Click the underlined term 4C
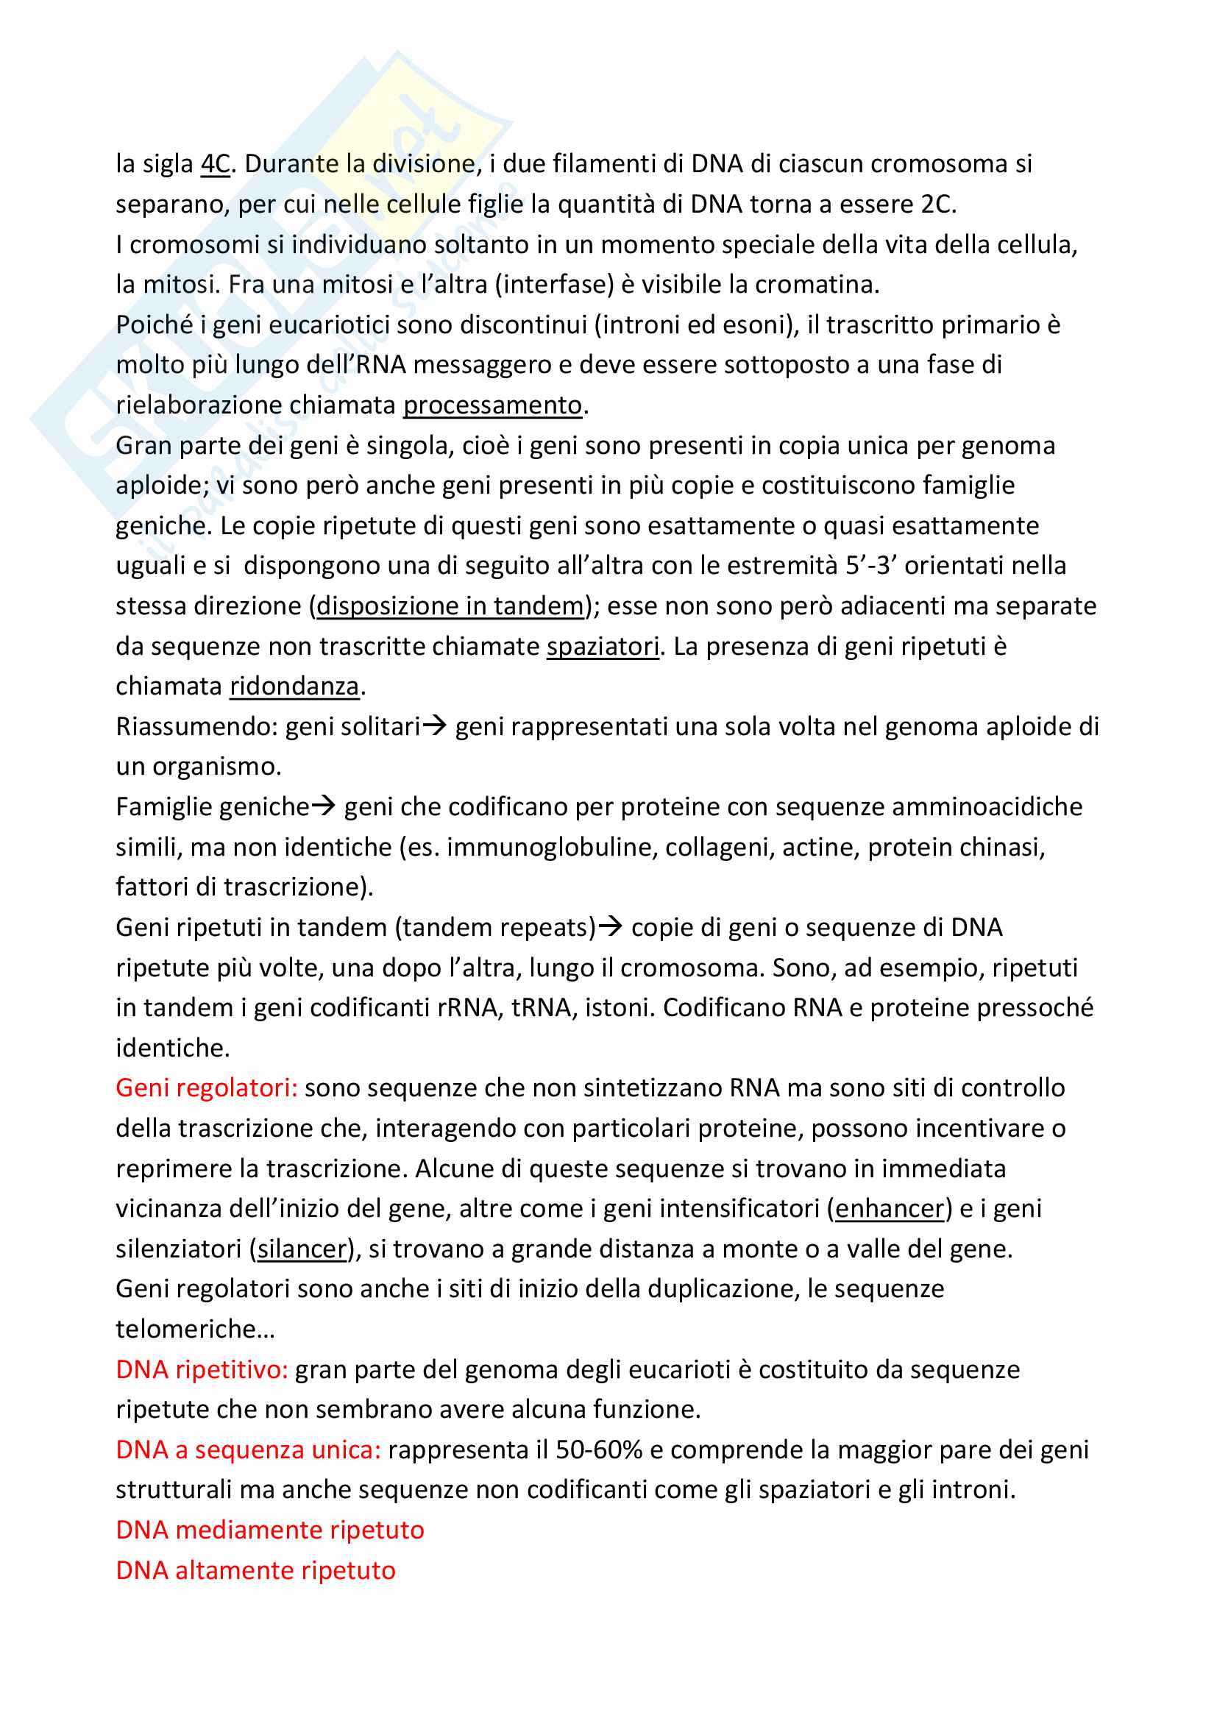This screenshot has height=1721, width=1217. pyautogui.click(x=215, y=164)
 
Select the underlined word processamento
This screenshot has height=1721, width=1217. pyautogui.click(x=492, y=405)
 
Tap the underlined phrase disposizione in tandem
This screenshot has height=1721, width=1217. pyautogui.click(x=450, y=606)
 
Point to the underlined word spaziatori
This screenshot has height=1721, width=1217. pyautogui.click(x=603, y=646)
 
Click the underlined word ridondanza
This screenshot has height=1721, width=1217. pyautogui.click(x=294, y=686)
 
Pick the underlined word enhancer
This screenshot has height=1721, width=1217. pyautogui.click(x=890, y=1208)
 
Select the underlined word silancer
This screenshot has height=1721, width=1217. pyautogui.click(x=302, y=1249)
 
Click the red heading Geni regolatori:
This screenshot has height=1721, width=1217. pyautogui.click(x=207, y=1087)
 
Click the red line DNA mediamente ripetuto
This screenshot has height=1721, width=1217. pyautogui.click(x=270, y=1530)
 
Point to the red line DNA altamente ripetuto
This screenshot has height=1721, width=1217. pyautogui.click(x=255, y=1570)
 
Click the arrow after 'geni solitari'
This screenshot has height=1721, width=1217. pyautogui.click(x=435, y=725)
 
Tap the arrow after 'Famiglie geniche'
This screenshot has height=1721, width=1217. pyautogui.click(x=324, y=806)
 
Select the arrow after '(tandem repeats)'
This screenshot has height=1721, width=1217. pyautogui.click(x=611, y=927)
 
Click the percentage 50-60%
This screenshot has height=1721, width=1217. pyautogui.click(x=599, y=1449)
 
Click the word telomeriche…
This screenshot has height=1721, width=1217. pyautogui.click(x=196, y=1329)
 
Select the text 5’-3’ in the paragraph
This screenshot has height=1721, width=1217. pyautogui.click(x=871, y=566)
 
